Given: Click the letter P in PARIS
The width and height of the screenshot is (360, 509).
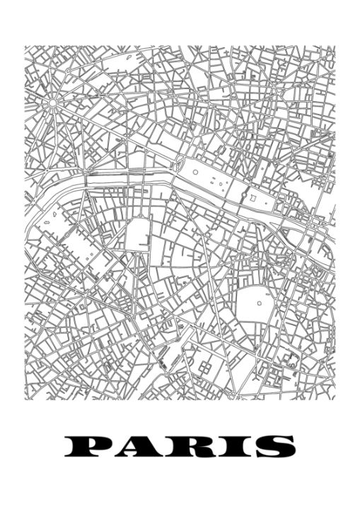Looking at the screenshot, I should click(x=88, y=447).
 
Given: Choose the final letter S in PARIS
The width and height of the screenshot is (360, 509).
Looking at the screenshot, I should click(x=272, y=447).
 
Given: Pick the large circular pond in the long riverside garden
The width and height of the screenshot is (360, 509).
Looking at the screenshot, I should click(x=195, y=171).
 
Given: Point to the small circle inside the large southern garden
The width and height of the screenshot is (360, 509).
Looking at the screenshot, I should click(x=259, y=302).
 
